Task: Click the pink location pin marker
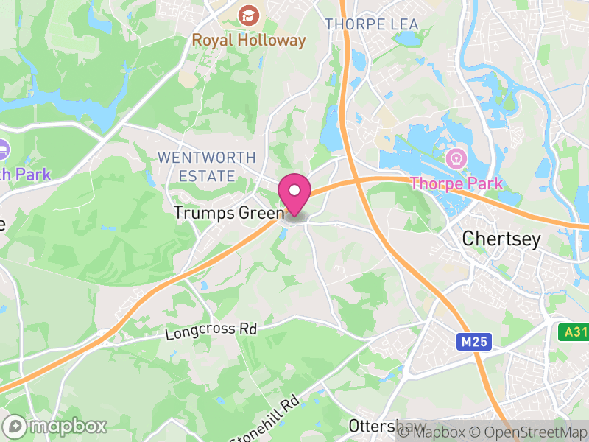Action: (294, 193)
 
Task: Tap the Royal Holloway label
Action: (249, 41)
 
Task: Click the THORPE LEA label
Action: (372, 24)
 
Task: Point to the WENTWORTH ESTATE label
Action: (207, 166)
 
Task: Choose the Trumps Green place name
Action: (228, 213)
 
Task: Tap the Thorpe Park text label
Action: (456, 183)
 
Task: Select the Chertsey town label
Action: (501, 239)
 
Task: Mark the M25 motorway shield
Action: (471, 342)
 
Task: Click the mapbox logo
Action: (55, 426)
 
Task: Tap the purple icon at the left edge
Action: (2, 150)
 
